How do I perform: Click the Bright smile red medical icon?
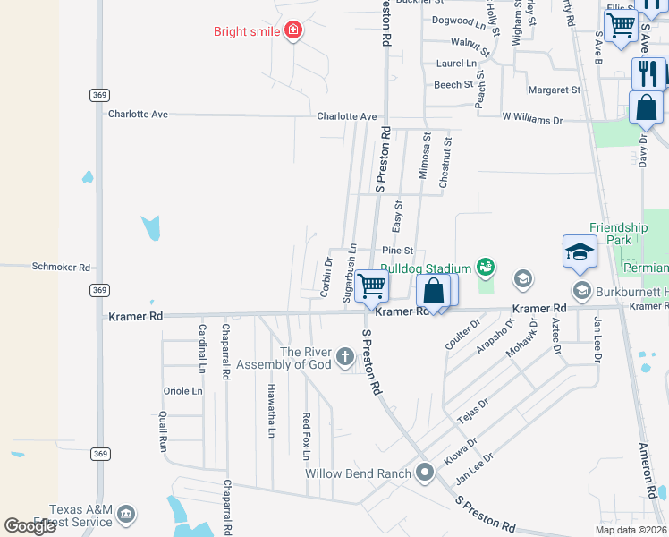292,32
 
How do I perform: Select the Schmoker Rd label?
62,267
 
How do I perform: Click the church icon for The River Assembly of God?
345,358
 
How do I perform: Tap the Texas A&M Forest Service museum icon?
126,514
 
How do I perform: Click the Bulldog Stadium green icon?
486,266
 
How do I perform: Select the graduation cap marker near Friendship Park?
579,251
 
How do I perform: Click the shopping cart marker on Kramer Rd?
370,287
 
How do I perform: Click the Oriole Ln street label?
182,391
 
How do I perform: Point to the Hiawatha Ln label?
271,411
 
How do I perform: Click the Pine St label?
397,251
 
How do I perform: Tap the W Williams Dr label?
532,118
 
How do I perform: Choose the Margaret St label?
555,89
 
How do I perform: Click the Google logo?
30,526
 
